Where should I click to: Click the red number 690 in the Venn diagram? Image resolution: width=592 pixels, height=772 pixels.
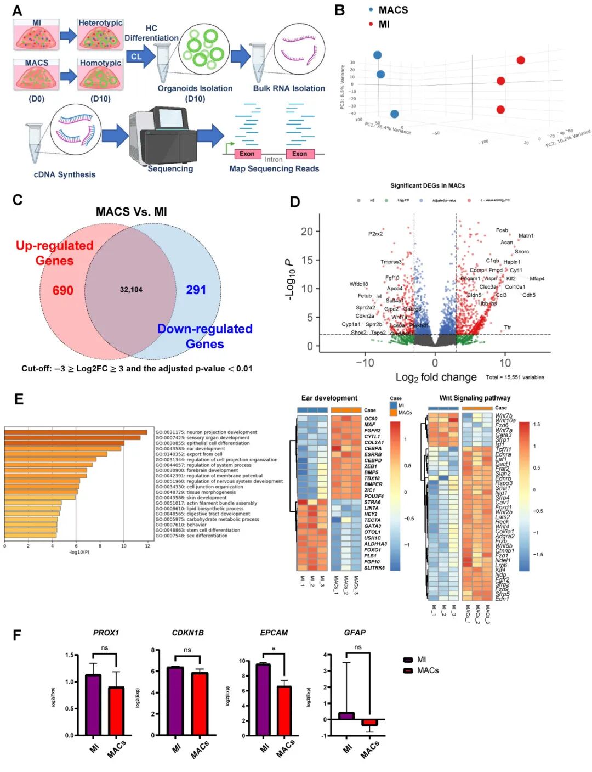point(62,290)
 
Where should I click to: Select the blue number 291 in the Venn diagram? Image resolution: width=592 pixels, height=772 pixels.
point(196,290)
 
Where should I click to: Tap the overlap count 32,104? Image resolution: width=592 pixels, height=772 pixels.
point(131,290)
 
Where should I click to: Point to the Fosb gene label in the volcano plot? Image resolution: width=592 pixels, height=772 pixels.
point(502,230)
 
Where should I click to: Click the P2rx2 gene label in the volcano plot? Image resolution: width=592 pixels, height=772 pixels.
point(375,234)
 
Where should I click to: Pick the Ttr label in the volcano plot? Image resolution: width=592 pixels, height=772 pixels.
point(508,328)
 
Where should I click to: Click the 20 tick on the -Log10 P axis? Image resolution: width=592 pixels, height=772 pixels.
point(306,232)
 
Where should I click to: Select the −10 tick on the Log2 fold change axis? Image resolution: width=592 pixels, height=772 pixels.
point(365,363)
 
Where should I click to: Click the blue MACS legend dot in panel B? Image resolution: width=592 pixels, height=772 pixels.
point(371,10)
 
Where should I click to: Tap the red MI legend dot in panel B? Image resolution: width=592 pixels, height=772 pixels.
point(371,24)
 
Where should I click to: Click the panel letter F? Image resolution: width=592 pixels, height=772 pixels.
point(17,635)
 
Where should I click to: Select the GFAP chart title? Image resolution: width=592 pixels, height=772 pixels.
point(354,633)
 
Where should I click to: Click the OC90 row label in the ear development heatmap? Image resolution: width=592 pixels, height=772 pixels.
point(371,419)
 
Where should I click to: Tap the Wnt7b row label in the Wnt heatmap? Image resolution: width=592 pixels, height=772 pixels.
point(504,416)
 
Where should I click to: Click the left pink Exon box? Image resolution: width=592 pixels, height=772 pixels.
point(247,154)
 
